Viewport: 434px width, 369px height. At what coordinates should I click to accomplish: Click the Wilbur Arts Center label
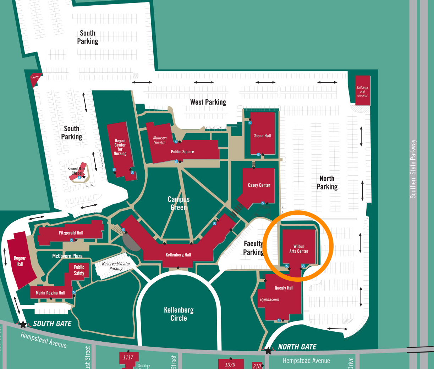click(x=299, y=249)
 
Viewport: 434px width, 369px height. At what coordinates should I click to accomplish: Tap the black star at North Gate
click(x=268, y=351)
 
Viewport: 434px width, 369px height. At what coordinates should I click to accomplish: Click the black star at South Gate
click(x=23, y=324)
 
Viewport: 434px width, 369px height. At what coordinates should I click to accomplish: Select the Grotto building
click(x=35, y=79)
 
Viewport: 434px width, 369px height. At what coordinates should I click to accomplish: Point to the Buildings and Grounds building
click(x=362, y=91)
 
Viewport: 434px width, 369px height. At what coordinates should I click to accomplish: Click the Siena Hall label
click(x=262, y=136)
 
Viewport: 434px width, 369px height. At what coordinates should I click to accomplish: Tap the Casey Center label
click(x=259, y=185)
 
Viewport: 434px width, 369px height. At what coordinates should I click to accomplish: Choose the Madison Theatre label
click(x=160, y=140)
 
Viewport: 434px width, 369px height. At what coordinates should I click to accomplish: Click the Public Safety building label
click(x=79, y=270)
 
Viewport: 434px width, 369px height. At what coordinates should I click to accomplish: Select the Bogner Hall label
click(x=20, y=261)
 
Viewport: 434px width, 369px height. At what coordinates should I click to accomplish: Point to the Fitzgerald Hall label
click(x=71, y=233)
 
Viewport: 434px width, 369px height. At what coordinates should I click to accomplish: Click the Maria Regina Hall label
click(x=50, y=293)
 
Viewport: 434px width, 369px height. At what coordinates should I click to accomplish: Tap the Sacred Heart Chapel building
click(x=78, y=172)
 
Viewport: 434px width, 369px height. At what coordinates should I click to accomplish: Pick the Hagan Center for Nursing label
click(x=120, y=147)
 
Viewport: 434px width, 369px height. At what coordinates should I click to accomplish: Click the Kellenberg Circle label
click(x=179, y=314)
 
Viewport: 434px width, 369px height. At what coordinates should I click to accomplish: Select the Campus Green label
click(x=178, y=203)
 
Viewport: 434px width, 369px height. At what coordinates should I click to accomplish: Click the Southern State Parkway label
click(x=413, y=169)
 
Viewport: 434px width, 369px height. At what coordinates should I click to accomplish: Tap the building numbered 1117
click(x=128, y=358)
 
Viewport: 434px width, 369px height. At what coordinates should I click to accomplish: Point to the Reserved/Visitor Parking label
click(x=116, y=266)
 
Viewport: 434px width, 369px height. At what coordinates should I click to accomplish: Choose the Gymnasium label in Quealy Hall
click(x=269, y=300)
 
